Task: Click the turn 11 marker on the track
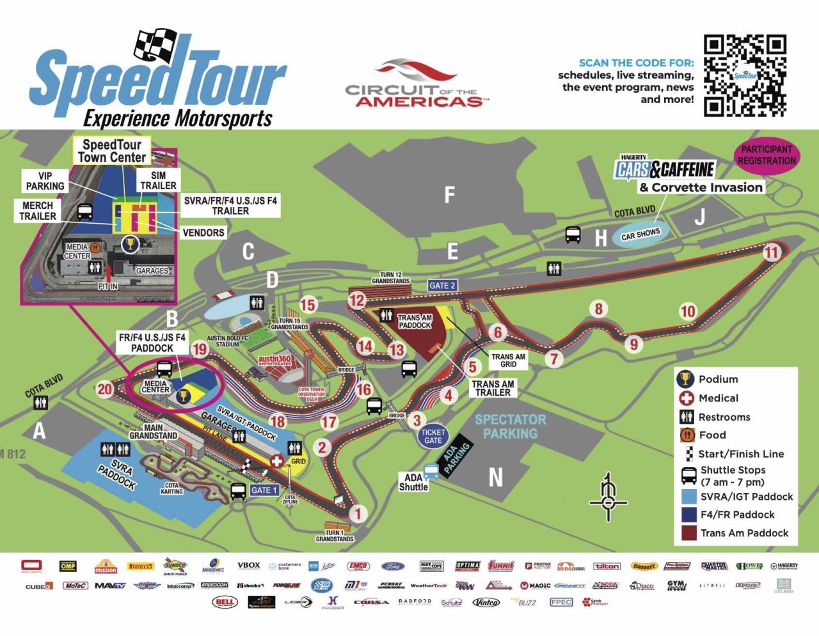[772, 252]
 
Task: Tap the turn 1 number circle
[358, 513]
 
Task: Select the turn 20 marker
[104, 389]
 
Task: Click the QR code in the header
[745, 75]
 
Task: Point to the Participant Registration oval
[767, 155]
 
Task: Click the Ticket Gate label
[433, 436]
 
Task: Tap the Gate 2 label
[442, 286]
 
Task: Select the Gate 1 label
[264, 490]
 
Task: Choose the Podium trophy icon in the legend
[685, 379]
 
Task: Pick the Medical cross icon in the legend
[686, 398]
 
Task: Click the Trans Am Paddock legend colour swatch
[688, 533]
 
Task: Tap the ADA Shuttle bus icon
[431, 471]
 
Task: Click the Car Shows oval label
[640, 235]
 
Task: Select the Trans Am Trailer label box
[493, 389]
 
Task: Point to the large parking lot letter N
[495, 477]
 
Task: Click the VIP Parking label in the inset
[45, 181]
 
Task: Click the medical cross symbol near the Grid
[276, 461]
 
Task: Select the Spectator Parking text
[510, 426]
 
